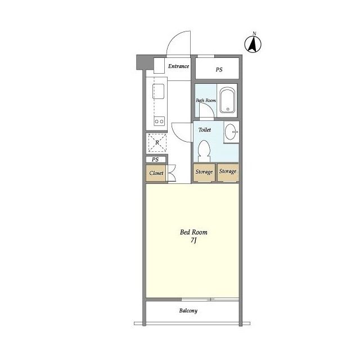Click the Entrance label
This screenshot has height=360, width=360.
click(x=179, y=66)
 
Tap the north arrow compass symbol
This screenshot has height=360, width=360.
click(x=253, y=44)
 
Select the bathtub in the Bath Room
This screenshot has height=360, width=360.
click(x=227, y=100)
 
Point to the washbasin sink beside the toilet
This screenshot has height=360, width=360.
click(x=231, y=132)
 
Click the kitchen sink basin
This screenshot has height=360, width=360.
click(x=159, y=91)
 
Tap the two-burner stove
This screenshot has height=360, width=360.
click(x=159, y=121)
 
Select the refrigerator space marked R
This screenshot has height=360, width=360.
click(x=157, y=142)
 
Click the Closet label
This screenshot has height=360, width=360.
click(x=156, y=173)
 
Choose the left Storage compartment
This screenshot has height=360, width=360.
click(x=204, y=172)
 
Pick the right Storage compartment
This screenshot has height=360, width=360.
click(x=228, y=172)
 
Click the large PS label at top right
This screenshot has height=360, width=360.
click(x=219, y=69)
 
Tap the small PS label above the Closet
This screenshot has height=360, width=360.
click(x=155, y=160)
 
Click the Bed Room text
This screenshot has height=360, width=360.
click(x=193, y=232)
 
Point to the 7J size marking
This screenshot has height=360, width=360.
click(x=193, y=240)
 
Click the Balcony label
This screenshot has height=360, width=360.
click(x=188, y=310)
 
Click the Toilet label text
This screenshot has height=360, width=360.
click(x=205, y=130)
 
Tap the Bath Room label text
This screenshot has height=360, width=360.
click(x=206, y=100)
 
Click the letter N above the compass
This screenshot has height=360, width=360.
click(x=254, y=34)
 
